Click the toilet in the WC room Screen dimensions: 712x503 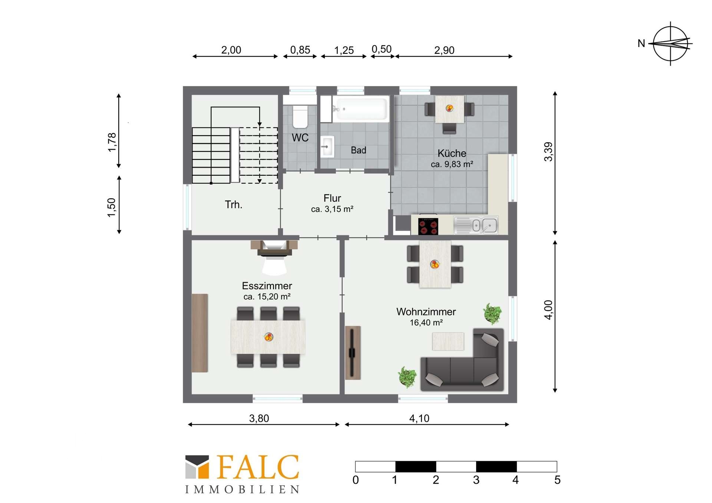point(300,116)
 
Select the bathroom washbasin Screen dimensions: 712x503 point(327,147)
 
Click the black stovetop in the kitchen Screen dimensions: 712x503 point(428,226)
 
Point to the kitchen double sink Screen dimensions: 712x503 point(476,225)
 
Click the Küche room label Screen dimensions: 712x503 point(452,153)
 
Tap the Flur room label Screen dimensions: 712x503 point(332,198)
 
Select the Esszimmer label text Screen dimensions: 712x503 point(267,286)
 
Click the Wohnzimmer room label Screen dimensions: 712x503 point(426,312)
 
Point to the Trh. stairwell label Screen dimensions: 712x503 point(234,205)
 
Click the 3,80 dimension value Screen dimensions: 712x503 point(259,418)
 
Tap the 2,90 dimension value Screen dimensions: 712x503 point(444,50)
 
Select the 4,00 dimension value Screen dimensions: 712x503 point(548,310)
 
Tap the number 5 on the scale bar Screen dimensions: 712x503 point(557,480)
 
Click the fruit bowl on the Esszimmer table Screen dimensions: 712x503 point(269,337)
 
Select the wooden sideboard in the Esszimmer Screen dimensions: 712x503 point(200,333)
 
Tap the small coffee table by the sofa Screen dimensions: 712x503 point(448,341)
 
